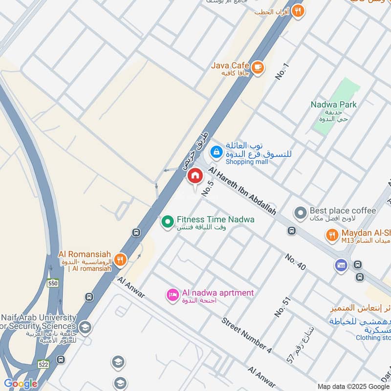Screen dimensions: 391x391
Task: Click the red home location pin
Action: coord(195,176)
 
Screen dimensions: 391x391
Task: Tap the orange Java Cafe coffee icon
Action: coord(258,68)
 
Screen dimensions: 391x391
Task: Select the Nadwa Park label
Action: coord(334,104)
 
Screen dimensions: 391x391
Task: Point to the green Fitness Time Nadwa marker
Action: coord(168,221)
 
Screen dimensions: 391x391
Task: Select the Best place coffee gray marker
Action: coord(300,213)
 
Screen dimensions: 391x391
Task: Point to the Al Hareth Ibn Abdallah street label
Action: coord(242,191)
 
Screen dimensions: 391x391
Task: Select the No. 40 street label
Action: coord(296,262)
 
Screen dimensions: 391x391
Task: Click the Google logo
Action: coord(21,383)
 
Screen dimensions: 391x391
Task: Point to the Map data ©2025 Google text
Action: coord(352,386)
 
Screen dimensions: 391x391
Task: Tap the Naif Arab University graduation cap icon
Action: coord(85,327)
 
